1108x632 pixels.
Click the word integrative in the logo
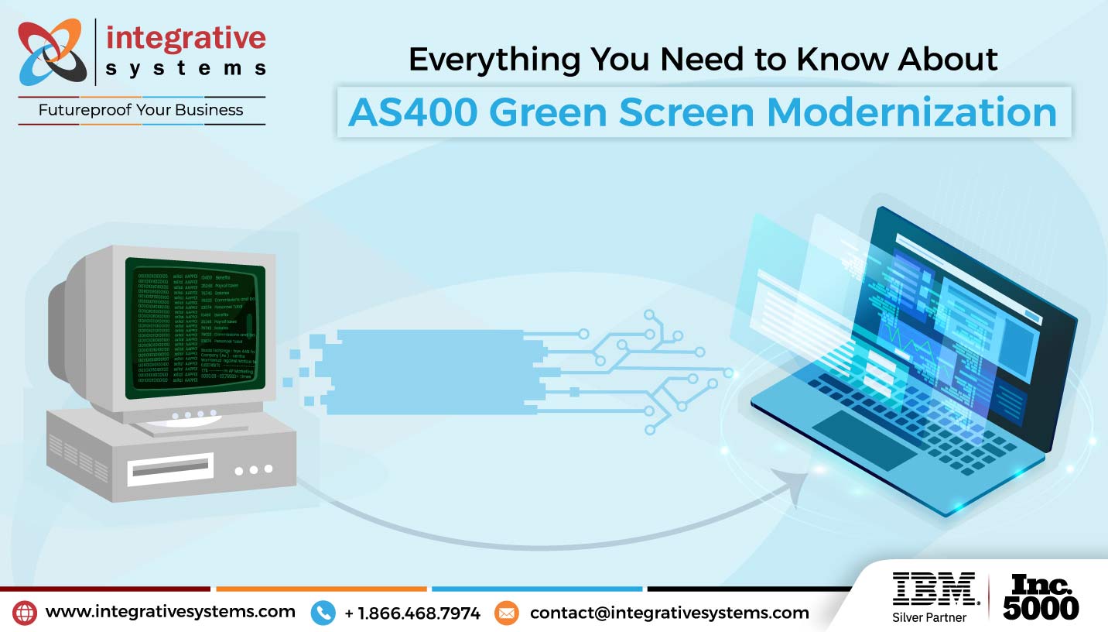(185, 38)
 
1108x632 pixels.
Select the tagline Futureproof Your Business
(141, 110)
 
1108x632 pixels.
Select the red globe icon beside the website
(25, 613)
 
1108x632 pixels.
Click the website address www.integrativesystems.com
(170, 612)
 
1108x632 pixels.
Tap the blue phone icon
(323, 613)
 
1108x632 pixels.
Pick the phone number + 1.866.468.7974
(412, 613)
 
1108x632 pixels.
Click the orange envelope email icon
(507, 613)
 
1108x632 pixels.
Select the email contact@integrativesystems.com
(669, 613)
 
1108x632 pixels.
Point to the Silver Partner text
(929, 617)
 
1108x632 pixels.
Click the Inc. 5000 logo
(1041, 596)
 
